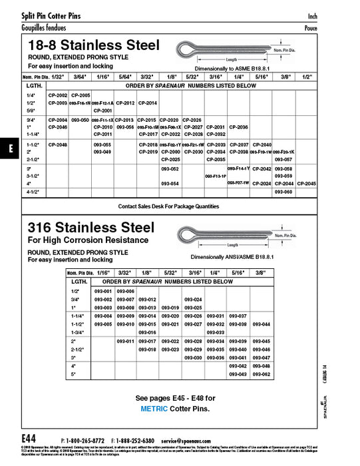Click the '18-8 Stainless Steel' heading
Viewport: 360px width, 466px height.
(93, 45)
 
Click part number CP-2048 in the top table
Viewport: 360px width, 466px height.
(58, 144)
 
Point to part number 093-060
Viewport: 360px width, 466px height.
(283, 192)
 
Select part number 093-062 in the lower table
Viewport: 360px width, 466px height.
(262, 374)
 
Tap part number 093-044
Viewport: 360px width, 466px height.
(262, 324)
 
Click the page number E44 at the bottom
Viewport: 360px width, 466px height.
(29, 440)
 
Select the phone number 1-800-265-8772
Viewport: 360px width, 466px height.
(86, 441)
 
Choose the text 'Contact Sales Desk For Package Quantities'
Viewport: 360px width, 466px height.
(168, 206)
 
